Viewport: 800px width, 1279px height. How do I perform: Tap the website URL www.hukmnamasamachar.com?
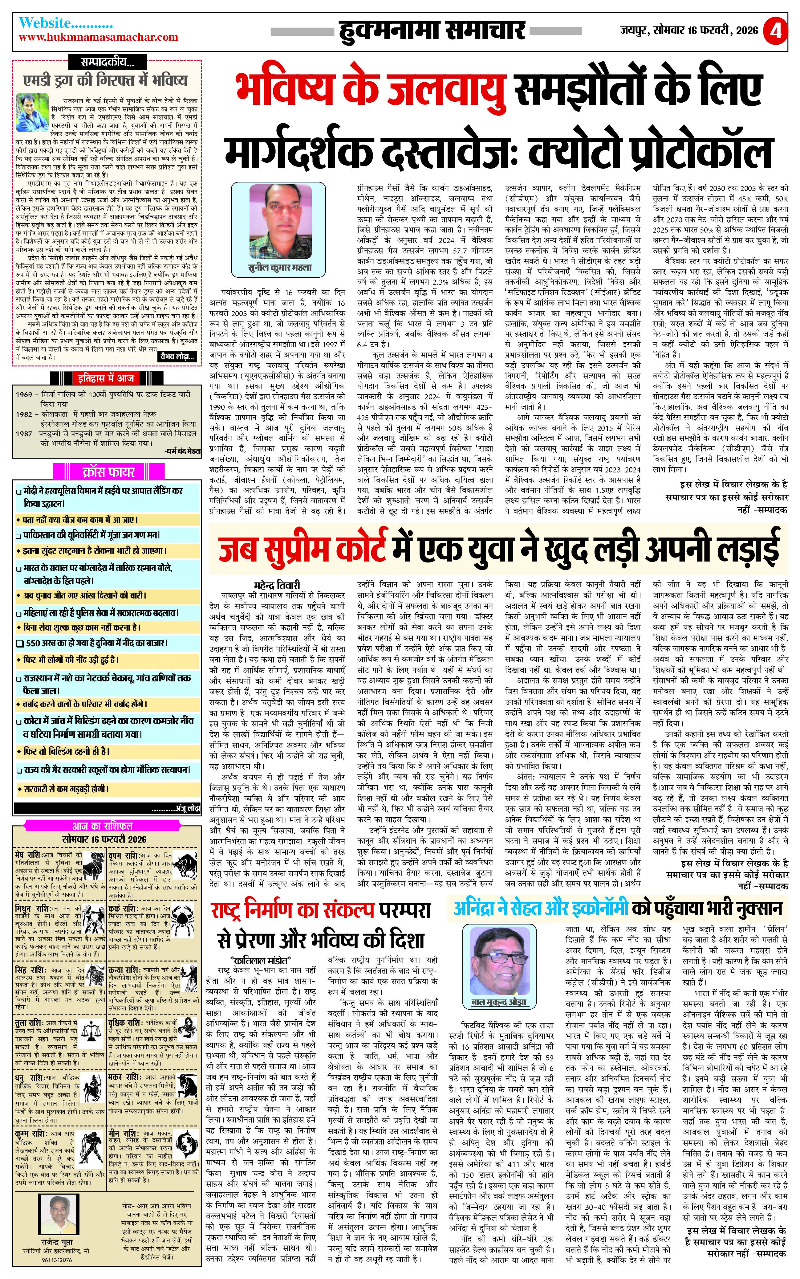[98, 37]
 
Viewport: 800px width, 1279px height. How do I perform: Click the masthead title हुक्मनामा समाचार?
[432, 31]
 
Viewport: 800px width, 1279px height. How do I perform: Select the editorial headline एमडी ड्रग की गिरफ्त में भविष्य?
[106, 80]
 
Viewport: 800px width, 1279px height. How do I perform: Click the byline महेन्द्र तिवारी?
[277, 585]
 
